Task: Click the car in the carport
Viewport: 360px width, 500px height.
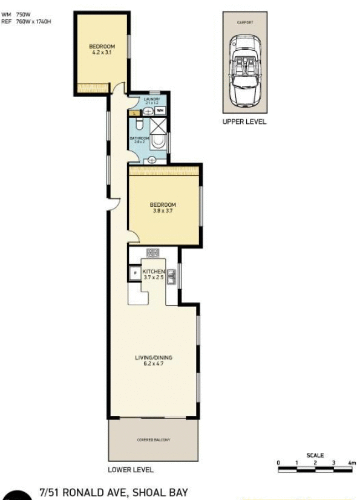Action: (245, 69)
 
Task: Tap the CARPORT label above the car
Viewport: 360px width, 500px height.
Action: (245, 22)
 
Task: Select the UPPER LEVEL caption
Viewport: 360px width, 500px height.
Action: (244, 122)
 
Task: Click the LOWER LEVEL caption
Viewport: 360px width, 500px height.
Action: (131, 470)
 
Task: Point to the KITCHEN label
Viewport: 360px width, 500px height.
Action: (152, 272)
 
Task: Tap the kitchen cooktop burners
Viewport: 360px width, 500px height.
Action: (152, 253)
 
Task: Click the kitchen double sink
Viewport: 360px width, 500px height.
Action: (171, 277)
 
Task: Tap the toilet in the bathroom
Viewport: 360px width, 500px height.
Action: (139, 124)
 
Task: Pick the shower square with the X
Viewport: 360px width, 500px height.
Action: (159, 125)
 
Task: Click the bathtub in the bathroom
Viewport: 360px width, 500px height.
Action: (159, 141)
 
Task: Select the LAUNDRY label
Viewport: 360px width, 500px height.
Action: (151, 99)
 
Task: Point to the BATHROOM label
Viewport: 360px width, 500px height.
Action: (140, 138)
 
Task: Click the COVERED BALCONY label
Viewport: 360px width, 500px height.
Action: (154, 440)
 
